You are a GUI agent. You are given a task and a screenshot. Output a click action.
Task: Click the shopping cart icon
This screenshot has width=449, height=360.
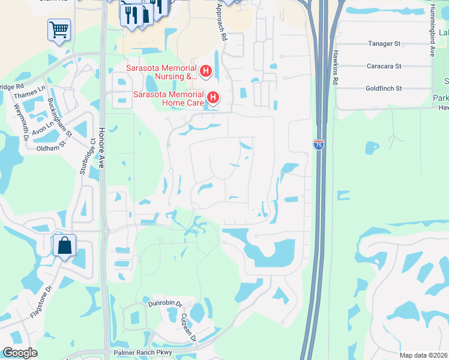click(59, 29)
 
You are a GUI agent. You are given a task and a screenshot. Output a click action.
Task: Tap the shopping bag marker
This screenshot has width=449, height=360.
click(64, 245)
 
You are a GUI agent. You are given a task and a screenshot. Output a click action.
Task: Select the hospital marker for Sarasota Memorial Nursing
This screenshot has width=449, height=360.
click(205, 73)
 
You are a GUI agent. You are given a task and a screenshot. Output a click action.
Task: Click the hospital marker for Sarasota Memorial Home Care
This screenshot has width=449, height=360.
click(212, 97)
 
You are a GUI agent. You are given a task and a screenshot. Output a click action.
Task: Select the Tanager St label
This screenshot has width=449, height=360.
click(384, 44)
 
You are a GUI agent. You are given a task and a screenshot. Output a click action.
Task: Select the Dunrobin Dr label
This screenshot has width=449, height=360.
click(164, 304)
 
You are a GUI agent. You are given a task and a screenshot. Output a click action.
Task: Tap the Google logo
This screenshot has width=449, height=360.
click(20, 353)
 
